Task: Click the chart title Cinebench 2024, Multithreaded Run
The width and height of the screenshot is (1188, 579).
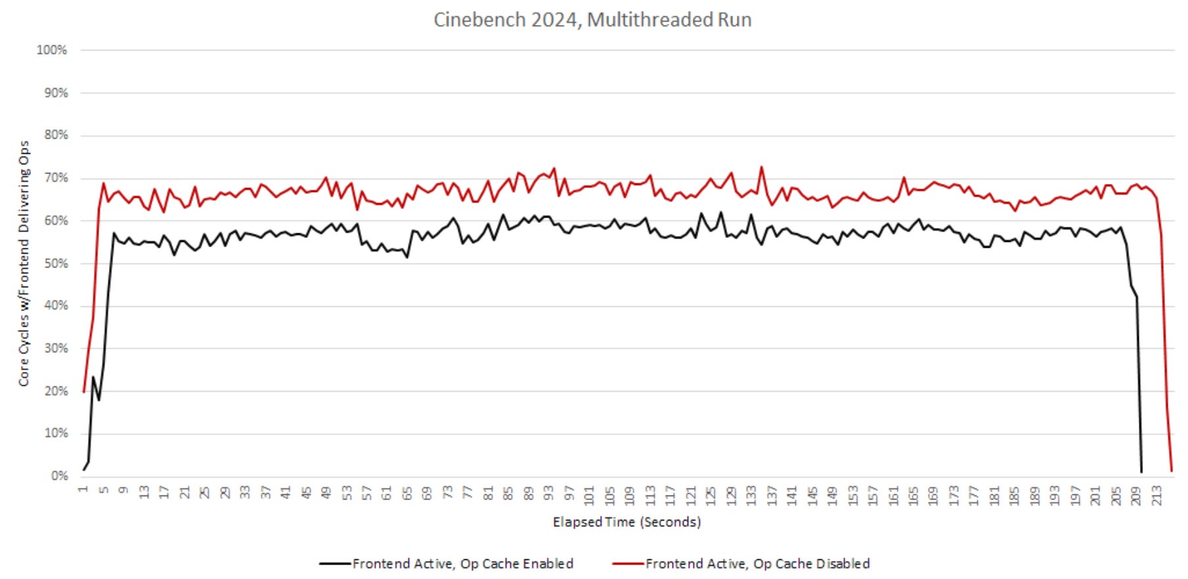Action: click(x=592, y=20)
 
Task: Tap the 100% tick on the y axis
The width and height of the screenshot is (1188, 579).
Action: click(x=52, y=50)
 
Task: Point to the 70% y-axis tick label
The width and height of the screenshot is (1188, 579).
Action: click(x=55, y=178)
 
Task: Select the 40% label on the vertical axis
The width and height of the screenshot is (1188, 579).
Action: click(x=55, y=306)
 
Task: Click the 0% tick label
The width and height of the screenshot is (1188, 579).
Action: click(x=59, y=475)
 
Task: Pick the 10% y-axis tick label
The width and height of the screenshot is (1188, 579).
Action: click(x=55, y=433)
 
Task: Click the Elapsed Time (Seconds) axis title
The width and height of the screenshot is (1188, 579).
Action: click(x=627, y=522)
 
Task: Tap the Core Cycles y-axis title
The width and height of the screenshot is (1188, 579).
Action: click(x=24, y=263)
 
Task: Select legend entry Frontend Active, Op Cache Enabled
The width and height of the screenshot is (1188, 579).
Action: click(x=462, y=564)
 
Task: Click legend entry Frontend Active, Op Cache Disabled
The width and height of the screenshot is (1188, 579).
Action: click(x=757, y=564)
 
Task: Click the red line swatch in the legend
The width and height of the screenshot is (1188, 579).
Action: click(x=628, y=564)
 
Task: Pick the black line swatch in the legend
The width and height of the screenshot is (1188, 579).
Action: click(x=335, y=564)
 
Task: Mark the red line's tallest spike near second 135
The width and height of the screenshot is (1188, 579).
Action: click(x=761, y=167)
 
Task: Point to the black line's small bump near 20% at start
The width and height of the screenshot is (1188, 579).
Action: click(x=93, y=377)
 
